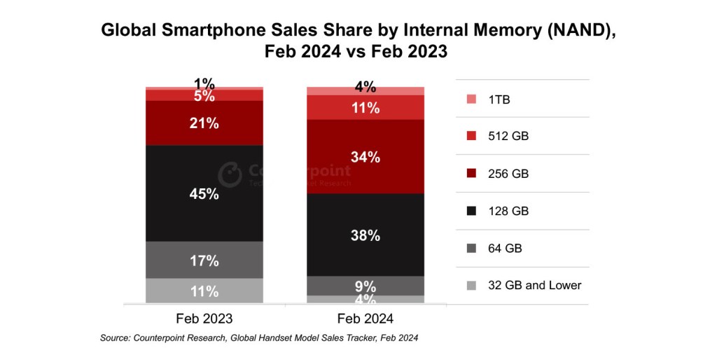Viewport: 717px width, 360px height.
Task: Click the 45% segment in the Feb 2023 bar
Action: [204, 193]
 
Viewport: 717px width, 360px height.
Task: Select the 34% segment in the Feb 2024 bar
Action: [366, 157]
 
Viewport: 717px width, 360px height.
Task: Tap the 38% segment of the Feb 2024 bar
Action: [366, 235]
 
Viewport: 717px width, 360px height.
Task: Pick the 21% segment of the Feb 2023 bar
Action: [204, 123]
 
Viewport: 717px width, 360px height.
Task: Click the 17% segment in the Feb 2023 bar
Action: [204, 261]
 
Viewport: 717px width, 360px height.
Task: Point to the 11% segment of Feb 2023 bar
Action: [204, 291]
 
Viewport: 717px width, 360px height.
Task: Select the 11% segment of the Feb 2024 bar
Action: [366, 108]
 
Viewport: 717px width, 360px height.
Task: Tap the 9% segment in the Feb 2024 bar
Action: [366, 286]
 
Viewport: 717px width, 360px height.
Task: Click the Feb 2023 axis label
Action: [204, 318]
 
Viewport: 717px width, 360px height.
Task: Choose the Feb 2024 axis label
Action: [366, 318]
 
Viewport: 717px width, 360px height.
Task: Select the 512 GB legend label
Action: [508, 137]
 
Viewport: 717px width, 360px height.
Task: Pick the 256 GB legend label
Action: [508, 174]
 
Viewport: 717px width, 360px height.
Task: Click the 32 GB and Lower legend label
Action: [536, 285]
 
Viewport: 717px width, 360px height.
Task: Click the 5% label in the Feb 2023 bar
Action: [204, 96]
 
